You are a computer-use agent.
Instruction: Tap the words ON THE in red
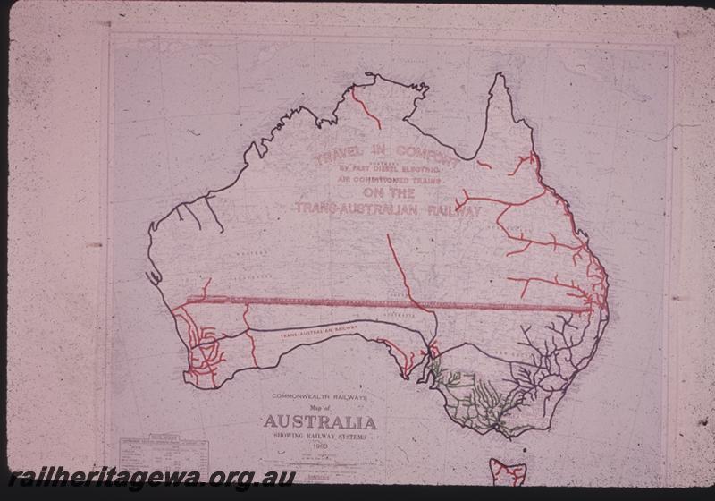coord(389,193)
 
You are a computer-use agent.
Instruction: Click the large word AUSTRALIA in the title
coord(319,422)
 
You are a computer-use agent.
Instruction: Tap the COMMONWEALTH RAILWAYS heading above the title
coord(319,397)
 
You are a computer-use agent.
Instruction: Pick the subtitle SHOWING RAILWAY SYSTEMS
coord(319,437)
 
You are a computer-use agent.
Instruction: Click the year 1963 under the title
coord(319,445)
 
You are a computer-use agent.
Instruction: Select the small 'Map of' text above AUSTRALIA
coord(319,409)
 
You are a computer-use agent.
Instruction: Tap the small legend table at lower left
coord(164,451)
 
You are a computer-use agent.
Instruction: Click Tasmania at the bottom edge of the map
coord(507,471)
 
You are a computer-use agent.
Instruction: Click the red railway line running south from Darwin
coord(366,106)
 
